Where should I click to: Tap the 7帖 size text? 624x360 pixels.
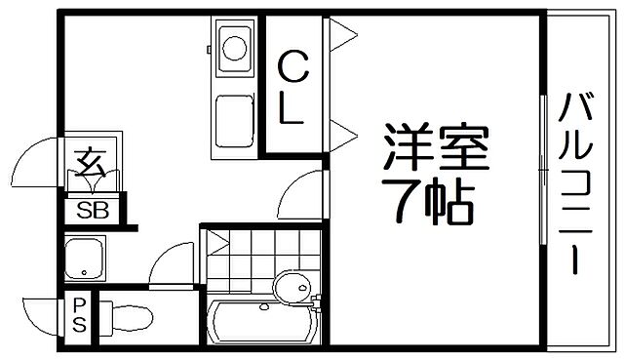pyautogui.click(x=428, y=200)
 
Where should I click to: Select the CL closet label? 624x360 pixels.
pyautogui.click(x=294, y=88)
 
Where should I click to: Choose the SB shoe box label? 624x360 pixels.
pyautogui.click(x=95, y=209)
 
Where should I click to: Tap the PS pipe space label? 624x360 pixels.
pyautogui.click(x=78, y=315)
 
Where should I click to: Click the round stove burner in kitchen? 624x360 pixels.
pyautogui.click(x=234, y=47)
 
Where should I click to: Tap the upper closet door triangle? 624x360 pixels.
pyautogui.click(x=341, y=37)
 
